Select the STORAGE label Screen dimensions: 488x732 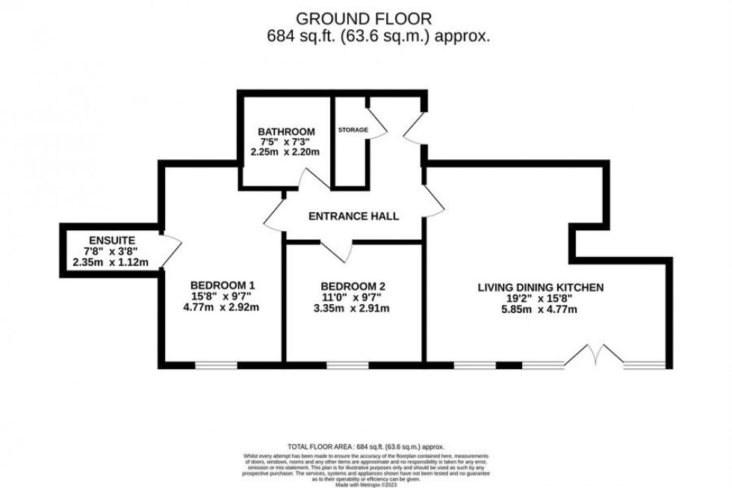353,130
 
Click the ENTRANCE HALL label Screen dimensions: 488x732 354,216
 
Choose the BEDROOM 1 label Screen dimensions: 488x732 223,284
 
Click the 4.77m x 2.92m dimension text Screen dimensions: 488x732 223,307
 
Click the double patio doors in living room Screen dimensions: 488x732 593,357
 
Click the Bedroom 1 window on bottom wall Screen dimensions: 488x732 216,365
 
